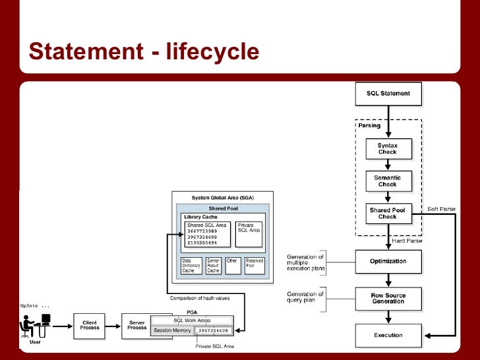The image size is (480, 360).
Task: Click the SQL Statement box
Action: click(x=388, y=94)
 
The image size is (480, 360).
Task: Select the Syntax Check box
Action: click(x=388, y=148)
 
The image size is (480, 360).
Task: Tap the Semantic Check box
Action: click(x=388, y=181)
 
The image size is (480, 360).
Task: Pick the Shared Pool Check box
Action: click(x=388, y=213)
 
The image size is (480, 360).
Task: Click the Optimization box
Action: click(x=388, y=261)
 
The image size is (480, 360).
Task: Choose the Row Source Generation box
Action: click(x=388, y=298)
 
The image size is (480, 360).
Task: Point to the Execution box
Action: click(x=388, y=335)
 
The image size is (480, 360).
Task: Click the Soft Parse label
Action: click(x=441, y=209)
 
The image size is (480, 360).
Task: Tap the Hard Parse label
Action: click(x=407, y=241)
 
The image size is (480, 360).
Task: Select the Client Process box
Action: click(x=90, y=326)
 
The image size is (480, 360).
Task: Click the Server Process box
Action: click(x=137, y=326)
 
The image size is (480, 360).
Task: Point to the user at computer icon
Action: click(x=37, y=326)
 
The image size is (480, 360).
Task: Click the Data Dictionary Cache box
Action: click(x=191, y=265)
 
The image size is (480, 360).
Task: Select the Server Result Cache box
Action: click(x=214, y=265)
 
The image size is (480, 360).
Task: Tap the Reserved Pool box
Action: click(x=255, y=265)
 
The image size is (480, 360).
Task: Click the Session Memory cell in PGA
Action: click(x=172, y=330)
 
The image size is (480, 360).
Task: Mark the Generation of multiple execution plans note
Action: click(x=305, y=261)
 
